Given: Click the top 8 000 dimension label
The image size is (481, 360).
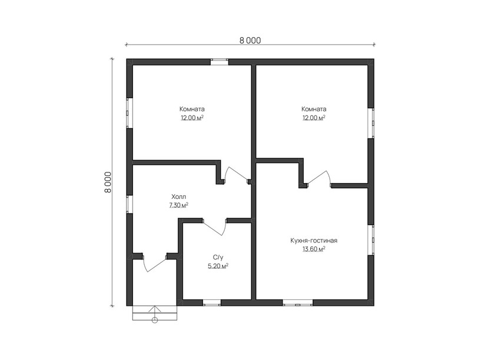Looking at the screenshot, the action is (x=250, y=41).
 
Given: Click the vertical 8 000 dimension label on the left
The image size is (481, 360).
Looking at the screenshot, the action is (x=108, y=182).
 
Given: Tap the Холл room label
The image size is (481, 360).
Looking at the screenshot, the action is (x=178, y=196).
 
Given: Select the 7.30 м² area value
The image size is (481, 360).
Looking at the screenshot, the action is (x=178, y=205).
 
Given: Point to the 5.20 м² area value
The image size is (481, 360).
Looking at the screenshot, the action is (x=218, y=266).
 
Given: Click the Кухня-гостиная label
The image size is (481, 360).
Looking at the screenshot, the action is (x=314, y=241).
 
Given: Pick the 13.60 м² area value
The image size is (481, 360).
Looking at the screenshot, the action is (x=314, y=249).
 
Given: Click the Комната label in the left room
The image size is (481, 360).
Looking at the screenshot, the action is (x=192, y=109).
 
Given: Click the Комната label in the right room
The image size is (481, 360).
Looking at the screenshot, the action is (x=314, y=109).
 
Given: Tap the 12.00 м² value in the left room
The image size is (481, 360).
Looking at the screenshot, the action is (x=192, y=118).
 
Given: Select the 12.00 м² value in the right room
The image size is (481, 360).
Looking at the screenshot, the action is (x=314, y=118).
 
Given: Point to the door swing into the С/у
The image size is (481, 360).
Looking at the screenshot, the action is (x=215, y=228).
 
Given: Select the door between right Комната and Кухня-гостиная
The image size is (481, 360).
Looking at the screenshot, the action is (x=319, y=178).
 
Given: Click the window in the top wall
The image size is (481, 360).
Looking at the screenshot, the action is (x=220, y=62).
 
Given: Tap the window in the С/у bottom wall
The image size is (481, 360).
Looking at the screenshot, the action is (x=212, y=303).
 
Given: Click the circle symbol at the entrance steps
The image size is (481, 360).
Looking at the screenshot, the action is (x=155, y=321).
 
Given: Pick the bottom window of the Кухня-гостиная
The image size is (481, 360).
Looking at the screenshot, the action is (x=297, y=303).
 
